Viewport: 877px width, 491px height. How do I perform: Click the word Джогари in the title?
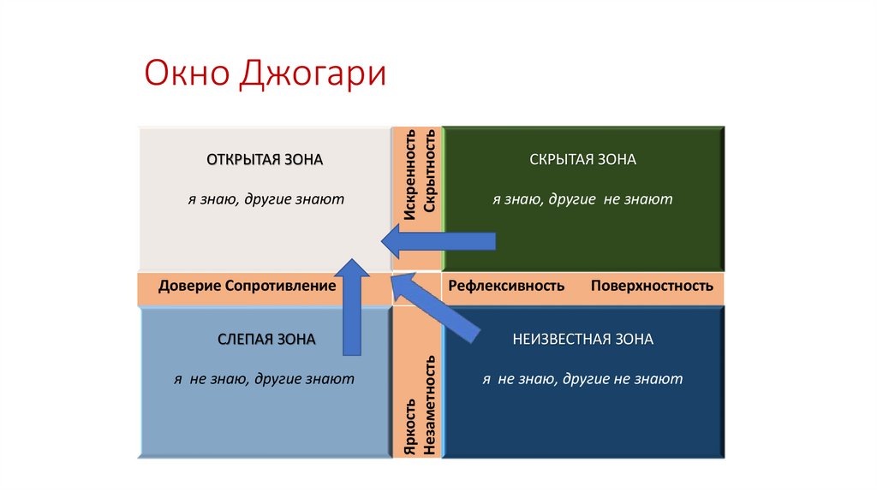coord(313,74)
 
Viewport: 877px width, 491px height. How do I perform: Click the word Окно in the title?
coord(188,74)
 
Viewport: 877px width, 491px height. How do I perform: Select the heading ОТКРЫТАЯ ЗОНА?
coord(265,160)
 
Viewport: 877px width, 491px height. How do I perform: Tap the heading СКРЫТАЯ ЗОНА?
coord(582,160)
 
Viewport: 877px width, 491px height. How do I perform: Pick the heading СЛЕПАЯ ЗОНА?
coord(266,340)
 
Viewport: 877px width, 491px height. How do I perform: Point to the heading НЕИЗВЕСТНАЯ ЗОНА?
coord(582,340)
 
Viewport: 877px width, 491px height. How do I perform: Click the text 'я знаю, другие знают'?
coord(266,199)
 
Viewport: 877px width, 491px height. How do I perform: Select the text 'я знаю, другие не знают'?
coord(582,199)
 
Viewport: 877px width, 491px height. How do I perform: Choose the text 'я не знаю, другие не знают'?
coord(582,379)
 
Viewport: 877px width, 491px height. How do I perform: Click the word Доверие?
coord(190,286)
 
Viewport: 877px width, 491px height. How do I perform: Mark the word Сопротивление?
coord(280,286)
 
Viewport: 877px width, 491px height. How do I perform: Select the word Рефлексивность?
coord(506,286)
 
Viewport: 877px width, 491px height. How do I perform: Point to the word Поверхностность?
coord(652,286)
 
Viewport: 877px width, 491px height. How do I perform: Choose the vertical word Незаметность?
coord(431,404)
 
